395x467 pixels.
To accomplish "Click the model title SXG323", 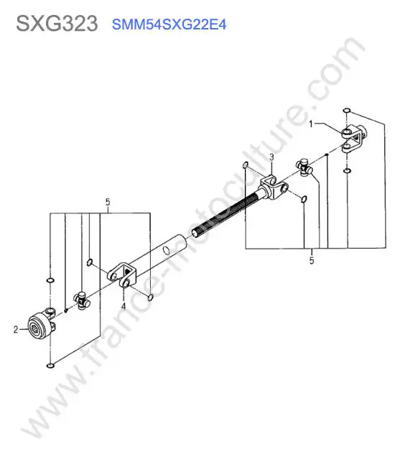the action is [57, 24].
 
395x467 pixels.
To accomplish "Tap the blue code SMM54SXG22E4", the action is [169, 24].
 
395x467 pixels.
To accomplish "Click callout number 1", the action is [312, 124].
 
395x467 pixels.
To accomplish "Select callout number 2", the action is [16, 329].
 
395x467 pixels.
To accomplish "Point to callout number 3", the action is [271, 157].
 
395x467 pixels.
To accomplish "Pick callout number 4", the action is [124, 306].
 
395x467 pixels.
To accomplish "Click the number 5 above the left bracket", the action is [108, 202].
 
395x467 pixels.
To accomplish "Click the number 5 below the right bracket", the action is [312, 260].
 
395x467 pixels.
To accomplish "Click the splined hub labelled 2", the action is [40, 324].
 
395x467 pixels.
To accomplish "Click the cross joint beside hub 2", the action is [82, 300].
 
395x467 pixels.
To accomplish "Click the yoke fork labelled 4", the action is [122, 275].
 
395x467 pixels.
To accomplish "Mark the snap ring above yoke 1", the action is [346, 111].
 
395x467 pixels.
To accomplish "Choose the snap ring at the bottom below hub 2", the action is [50, 365].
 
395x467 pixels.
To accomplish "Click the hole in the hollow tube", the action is [167, 251].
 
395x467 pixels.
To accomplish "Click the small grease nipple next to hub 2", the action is [66, 310].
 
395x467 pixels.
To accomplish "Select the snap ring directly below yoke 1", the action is [347, 171].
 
